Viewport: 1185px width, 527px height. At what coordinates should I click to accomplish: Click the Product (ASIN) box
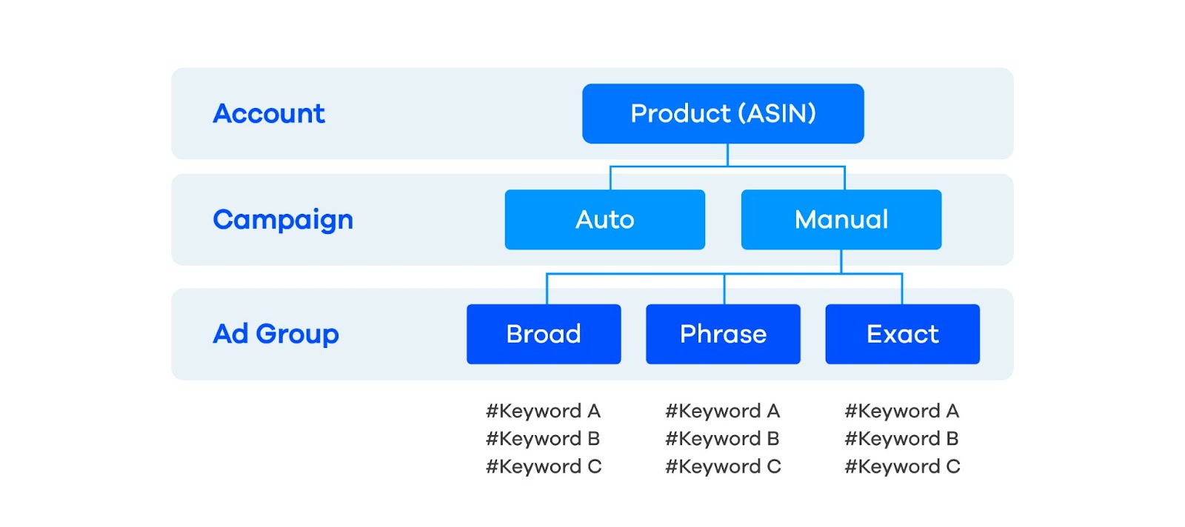click(x=722, y=113)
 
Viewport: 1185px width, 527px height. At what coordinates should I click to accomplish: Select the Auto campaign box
click(x=604, y=219)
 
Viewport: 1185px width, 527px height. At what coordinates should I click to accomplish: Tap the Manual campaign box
click(x=841, y=219)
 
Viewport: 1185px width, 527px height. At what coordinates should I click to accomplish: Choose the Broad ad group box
click(x=543, y=334)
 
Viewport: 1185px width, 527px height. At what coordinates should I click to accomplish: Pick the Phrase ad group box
click(x=723, y=334)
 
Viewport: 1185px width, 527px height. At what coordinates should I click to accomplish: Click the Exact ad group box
click(x=902, y=334)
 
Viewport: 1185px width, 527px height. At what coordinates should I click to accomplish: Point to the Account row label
click(x=269, y=113)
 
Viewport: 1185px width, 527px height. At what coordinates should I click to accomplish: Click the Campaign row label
click(x=283, y=220)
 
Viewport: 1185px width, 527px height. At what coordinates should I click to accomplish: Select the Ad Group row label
click(x=276, y=334)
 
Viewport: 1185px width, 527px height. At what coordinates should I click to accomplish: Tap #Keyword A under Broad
click(x=543, y=411)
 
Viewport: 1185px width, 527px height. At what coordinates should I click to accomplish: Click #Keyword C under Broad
click(x=543, y=466)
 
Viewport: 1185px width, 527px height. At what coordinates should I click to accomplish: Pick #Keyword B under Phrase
click(x=722, y=438)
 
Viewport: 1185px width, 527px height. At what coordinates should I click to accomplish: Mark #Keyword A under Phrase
click(x=722, y=411)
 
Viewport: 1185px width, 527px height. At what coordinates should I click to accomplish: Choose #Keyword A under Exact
click(x=901, y=411)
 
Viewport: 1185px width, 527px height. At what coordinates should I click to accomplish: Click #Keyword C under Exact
click(x=901, y=466)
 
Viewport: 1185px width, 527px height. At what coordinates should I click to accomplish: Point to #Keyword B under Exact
click(x=901, y=438)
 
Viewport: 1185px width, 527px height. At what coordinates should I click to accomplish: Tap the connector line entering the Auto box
click(x=610, y=178)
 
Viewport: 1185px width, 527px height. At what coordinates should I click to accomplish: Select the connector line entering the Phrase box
click(x=724, y=289)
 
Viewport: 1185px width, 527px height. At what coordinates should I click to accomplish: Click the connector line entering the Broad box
click(x=547, y=289)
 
